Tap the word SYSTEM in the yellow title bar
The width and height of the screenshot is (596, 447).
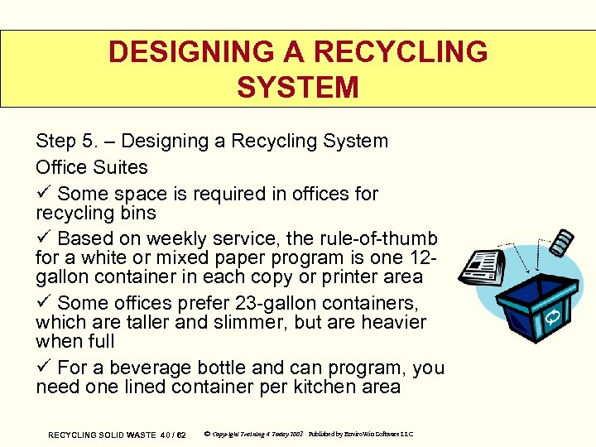pyautogui.click(x=297, y=87)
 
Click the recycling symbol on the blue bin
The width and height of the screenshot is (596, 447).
pyautogui.click(x=552, y=316)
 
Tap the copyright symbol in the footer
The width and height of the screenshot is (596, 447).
pyautogui.click(x=206, y=434)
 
